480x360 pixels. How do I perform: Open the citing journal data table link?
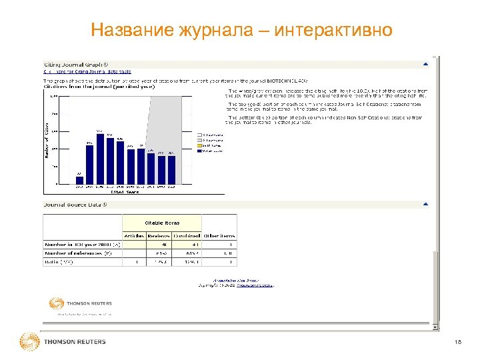click(87, 71)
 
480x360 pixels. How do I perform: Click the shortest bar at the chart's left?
click(79, 180)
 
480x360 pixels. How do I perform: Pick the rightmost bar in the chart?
click(172, 169)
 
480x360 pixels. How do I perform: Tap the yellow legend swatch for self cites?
click(199, 146)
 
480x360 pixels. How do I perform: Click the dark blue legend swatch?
click(199, 151)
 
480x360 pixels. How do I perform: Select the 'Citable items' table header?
click(162, 223)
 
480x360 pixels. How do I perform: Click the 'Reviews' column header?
click(159, 235)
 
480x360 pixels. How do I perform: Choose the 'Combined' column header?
click(186, 235)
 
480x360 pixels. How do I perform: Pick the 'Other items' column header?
click(218, 235)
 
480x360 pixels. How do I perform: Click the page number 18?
click(457, 342)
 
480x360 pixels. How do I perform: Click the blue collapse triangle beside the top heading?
click(425, 65)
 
